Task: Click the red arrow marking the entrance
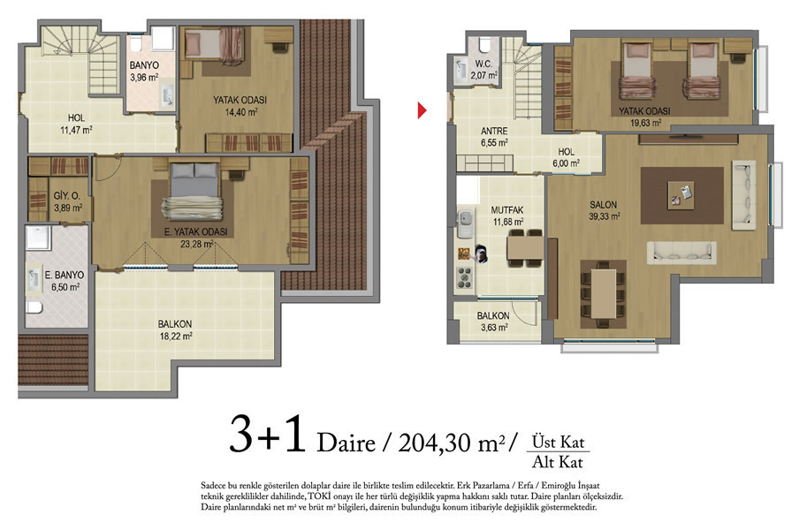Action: pos(422,110)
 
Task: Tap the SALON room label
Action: pos(604,205)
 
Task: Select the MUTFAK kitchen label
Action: pos(507,209)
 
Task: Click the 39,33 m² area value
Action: pos(605,216)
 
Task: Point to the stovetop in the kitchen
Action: pos(464,278)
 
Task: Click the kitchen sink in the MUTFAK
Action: pos(465,222)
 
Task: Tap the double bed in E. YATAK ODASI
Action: pos(194,192)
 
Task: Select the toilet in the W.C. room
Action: pos(484,46)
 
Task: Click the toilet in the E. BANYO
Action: pos(34,307)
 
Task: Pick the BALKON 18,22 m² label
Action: pos(175,329)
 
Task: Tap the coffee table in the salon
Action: pos(681,195)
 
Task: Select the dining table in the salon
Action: pos(604,294)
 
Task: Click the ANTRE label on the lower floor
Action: pos(494,131)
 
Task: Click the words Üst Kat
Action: pos(558,442)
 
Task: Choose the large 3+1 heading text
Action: pos(267,434)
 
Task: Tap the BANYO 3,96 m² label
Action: pos(144,72)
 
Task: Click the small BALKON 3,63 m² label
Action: pos(493,322)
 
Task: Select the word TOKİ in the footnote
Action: pos(318,496)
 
